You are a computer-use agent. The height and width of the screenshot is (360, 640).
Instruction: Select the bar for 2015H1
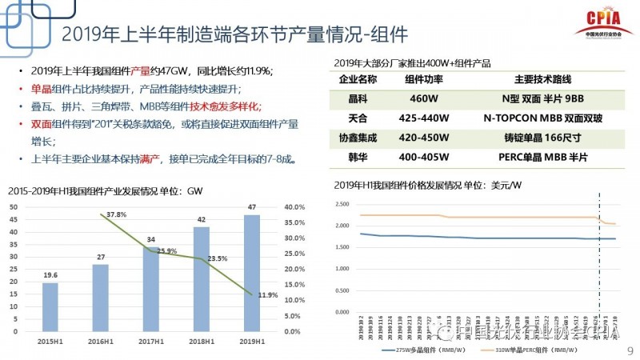pos(50,307)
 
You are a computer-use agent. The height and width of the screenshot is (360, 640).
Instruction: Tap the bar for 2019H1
pos(251,272)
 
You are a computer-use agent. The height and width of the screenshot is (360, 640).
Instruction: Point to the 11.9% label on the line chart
pos(267,295)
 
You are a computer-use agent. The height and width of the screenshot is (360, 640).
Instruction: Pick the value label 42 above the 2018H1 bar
pos(202,218)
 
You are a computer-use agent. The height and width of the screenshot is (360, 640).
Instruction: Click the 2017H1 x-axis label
pos(151,342)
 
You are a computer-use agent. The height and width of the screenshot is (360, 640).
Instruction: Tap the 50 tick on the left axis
pos(14,206)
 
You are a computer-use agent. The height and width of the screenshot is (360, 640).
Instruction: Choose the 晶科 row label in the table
pos(358,99)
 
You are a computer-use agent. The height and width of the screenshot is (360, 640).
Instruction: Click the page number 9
pos(629,350)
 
